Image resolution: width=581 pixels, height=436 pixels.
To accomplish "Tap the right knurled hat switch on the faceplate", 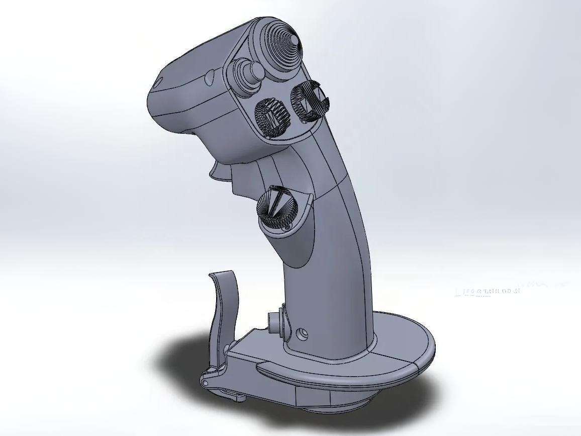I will coord(309,101).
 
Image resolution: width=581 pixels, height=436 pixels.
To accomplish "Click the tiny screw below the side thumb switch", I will coord(287,228).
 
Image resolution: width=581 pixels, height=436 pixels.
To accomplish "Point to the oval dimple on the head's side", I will coord(209,76).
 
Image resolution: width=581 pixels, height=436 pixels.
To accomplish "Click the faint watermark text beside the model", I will coord(487,291).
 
